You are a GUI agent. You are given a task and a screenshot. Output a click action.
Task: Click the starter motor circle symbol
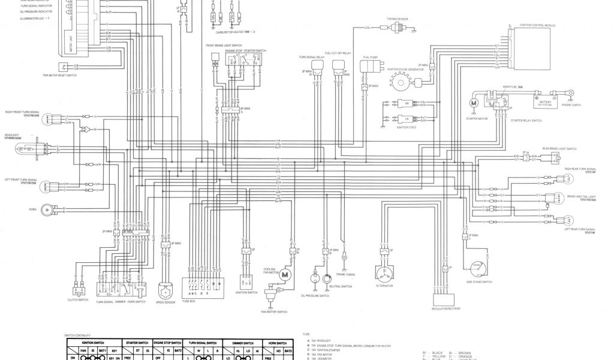click(474, 103)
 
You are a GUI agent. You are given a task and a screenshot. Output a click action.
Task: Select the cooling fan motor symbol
click(285, 274)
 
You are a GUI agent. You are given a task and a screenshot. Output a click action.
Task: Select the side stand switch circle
click(478, 269)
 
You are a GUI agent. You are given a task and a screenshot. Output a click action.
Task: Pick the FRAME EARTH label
click(346, 275)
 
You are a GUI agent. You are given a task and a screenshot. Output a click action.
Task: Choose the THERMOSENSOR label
click(397, 19)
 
